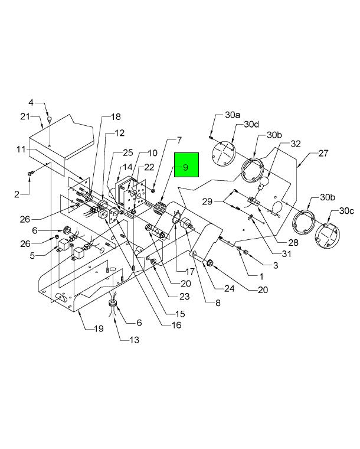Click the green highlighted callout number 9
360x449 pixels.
tap(186, 167)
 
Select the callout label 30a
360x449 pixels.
tap(233, 115)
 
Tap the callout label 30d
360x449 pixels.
tap(251, 125)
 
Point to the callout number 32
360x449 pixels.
tap(294, 144)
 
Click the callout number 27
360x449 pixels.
tap(323, 153)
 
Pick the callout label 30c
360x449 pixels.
tap(346, 212)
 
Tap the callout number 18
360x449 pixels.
tap(115, 117)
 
